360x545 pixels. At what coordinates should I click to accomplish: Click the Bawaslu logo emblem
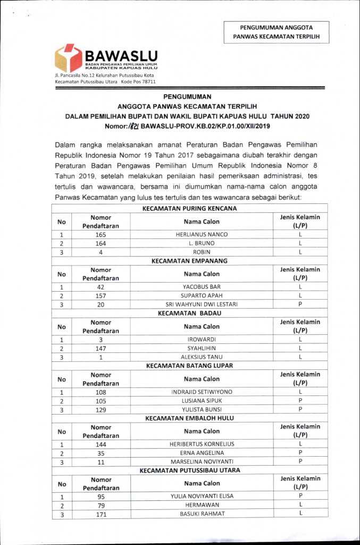[x=68, y=57]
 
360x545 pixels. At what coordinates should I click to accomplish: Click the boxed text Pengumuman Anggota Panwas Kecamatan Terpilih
[x=276, y=32]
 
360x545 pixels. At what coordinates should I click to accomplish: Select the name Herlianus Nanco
[x=201, y=234]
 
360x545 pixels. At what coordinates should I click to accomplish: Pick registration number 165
[x=101, y=234]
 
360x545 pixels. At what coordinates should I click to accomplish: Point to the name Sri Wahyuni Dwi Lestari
[x=201, y=304]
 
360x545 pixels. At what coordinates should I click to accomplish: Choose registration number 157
[x=101, y=295]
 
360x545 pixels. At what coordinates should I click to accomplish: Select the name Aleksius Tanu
[x=201, y=357]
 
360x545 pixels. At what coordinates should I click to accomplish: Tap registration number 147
[x=101, y=348]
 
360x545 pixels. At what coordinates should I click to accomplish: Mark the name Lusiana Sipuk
[x=201, y=400]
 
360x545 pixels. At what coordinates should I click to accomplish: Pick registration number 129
[x=101, y=409]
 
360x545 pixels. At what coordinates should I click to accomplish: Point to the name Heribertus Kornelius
[x=201, y=444]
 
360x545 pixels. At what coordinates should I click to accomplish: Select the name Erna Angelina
[x=201, y=452]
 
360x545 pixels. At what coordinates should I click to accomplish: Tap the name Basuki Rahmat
[x=201, y=514]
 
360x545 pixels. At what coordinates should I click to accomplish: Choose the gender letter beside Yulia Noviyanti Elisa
[x=300, y=496]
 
